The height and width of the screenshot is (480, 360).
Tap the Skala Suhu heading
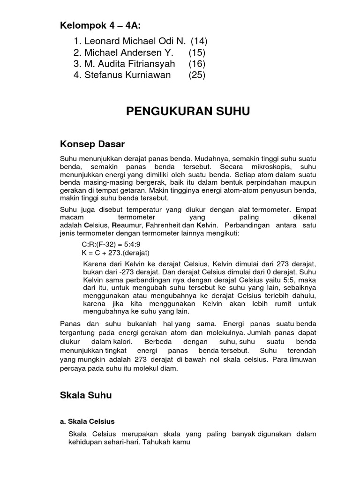tap(86, 395)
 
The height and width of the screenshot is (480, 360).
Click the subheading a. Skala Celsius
tap(88, 421)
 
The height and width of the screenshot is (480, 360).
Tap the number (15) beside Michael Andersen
tap(197, 52)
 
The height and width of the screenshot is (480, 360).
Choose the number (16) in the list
tap(197, 63)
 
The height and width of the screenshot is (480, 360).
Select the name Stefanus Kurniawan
tap(127, 75)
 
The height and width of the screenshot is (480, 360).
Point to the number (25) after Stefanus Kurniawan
tap(197, 75)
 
